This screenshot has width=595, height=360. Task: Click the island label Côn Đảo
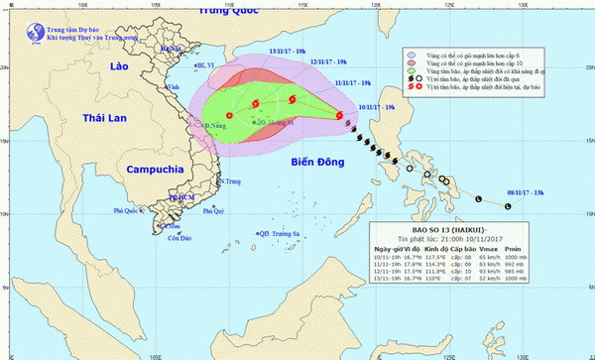pyautogui.click(x=178, y=239)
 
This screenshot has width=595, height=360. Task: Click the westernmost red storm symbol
pyautogui.click(x=229, y=115)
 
